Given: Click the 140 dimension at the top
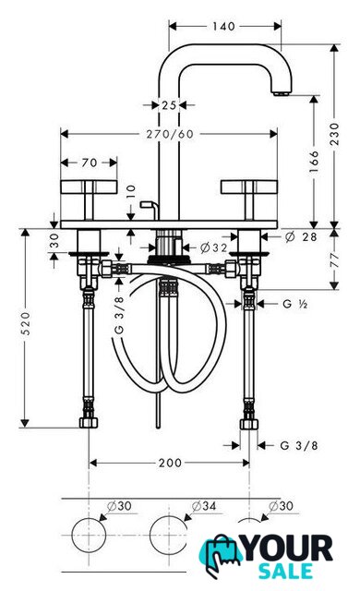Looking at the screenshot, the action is click(x=223, y=27).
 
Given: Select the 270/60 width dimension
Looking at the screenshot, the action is click(x=170, y=134).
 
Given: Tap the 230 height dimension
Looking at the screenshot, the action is click(x=334, y=134).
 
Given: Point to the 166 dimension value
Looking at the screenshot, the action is click(x=314, y=162).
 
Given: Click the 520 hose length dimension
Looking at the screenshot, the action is click(x=25, y=323).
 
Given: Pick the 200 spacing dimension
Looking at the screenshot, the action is click(x=170, y=463).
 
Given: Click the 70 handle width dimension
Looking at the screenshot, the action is click(x=90, y=163).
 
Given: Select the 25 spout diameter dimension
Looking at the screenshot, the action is click(x=169, y=105).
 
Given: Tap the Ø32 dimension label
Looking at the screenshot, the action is click(x=213, y=247).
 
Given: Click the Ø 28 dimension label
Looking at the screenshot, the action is click(x=301, y=236).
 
